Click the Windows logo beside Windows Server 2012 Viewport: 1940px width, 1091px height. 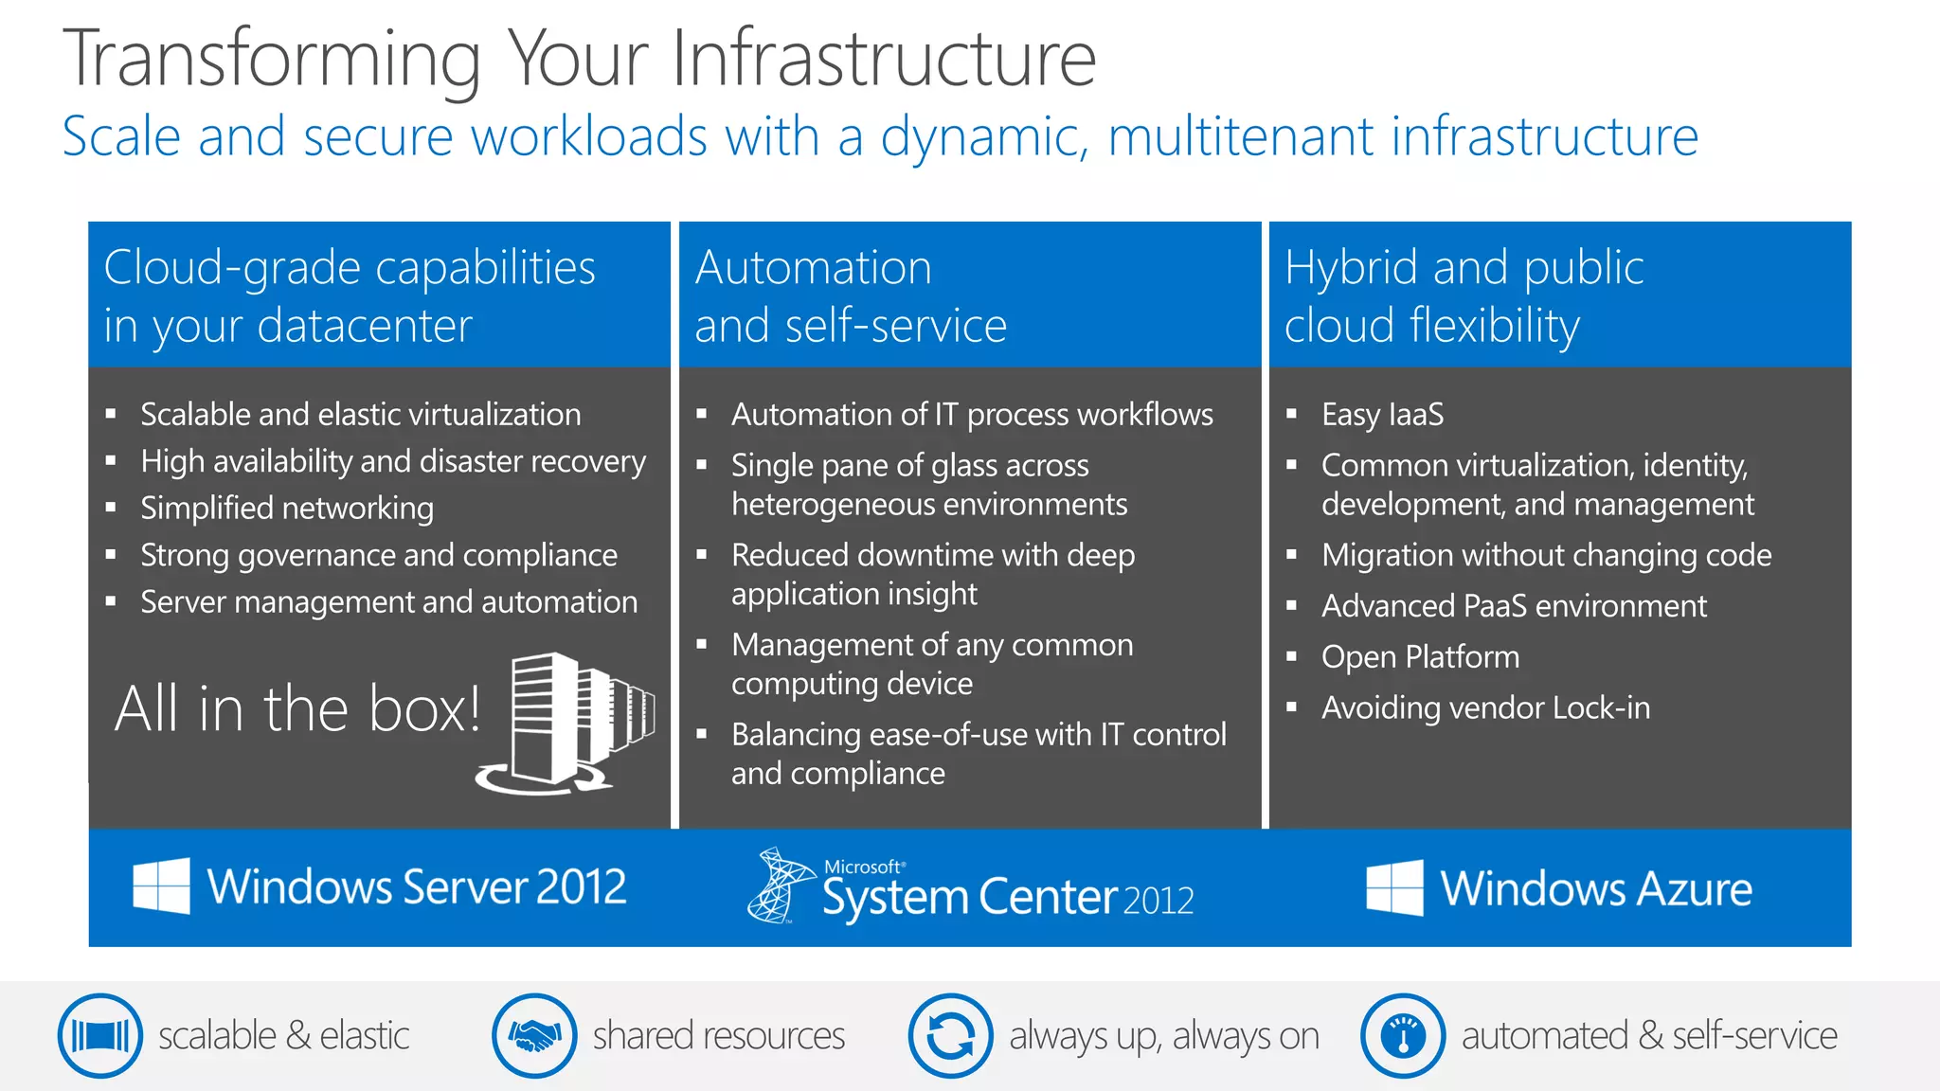(161, 886)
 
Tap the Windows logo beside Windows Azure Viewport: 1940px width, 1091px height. (1394, 888)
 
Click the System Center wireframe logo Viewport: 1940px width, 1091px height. (779, 885)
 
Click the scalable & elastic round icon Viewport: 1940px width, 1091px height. (99, 1035)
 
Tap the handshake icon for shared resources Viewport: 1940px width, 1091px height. (534, 1035)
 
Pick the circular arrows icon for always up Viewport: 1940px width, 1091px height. (950, 1035)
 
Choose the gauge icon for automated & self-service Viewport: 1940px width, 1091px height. (1403, 1035)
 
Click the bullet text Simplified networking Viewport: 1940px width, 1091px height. (287, 509)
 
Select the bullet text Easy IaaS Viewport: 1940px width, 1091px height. (1382, 415)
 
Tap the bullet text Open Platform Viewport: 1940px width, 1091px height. (1420, 657)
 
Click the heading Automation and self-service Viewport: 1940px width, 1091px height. (850, 295)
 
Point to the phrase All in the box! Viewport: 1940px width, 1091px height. (297, 708)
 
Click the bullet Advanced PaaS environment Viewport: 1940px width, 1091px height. (1514, 606)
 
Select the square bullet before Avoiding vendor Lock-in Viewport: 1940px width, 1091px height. (1291, 707)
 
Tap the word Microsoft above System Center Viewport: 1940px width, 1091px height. (863, 867)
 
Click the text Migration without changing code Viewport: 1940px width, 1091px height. (1546, 555)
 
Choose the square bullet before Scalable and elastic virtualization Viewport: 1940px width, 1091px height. (111, 414)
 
